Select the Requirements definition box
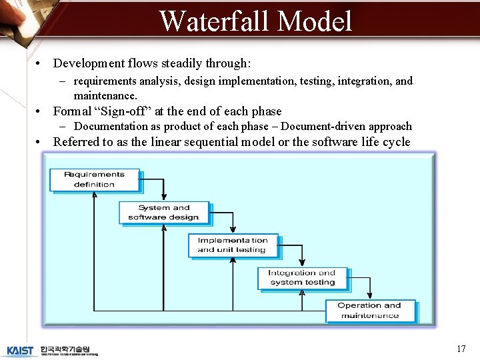[94, 179]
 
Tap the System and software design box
[164, 213]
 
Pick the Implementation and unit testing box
[233, 245]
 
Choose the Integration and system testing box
[302, 278]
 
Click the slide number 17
[461, 349]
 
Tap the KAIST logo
[21, 351]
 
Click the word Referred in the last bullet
[75, 141]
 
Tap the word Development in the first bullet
[88, 63]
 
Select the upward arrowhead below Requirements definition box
[94, 195]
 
